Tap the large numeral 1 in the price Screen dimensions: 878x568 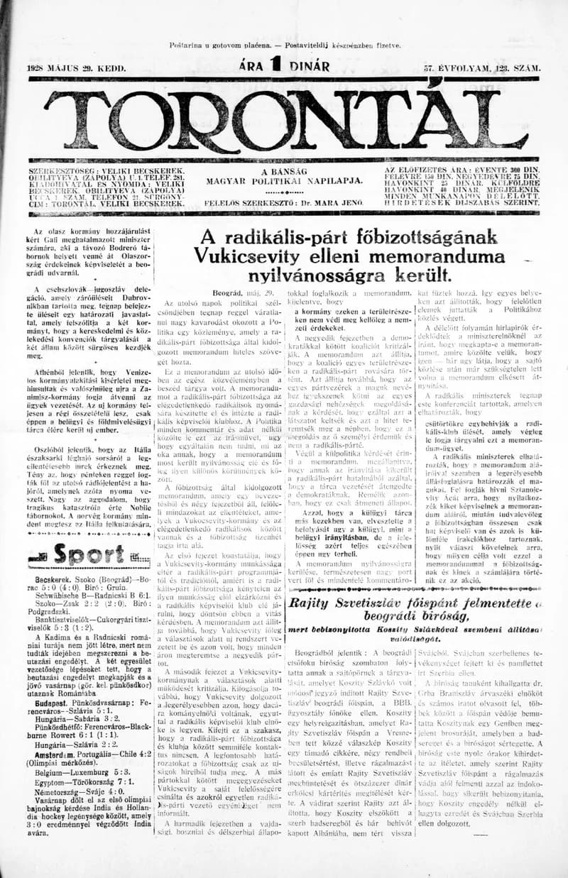click(x=272, y=67)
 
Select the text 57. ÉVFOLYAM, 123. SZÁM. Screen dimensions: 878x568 click(x=481, y=68)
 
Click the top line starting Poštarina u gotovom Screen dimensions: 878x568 click(x=285, y=45)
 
